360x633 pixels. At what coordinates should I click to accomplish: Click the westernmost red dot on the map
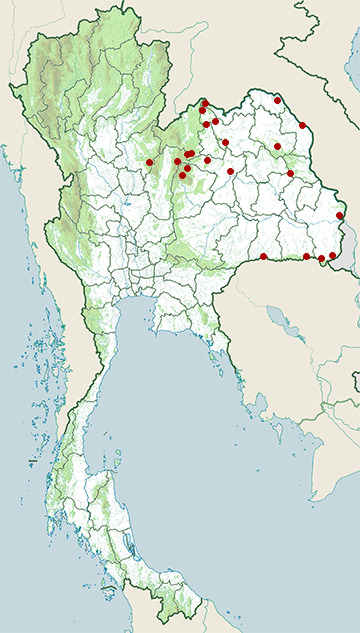point(149,162)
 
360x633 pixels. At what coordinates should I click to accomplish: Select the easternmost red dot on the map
point(340,215)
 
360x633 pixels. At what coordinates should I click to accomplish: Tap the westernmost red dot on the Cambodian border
point(264,257)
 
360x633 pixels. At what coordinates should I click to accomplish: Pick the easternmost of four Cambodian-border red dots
point(332,256)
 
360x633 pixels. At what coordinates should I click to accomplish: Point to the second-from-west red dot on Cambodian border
point(306,257)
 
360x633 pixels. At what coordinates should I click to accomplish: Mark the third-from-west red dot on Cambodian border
point(322,259)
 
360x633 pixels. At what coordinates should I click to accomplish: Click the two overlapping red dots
point(189,153)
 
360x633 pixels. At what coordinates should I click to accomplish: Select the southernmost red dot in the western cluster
point(182,176)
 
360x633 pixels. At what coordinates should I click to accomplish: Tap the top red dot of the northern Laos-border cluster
point(205,102)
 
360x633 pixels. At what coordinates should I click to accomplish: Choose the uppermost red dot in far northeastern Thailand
point(277,100)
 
